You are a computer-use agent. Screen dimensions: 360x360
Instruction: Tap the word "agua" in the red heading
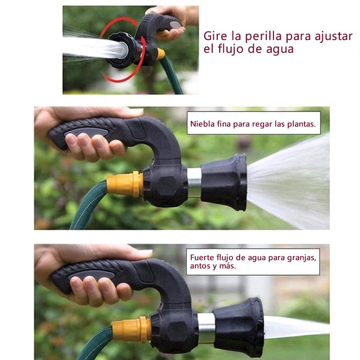point(280,49)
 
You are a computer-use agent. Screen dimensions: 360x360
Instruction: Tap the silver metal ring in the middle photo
point(194,183)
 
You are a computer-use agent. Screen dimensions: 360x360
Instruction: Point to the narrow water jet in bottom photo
point(297,327)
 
